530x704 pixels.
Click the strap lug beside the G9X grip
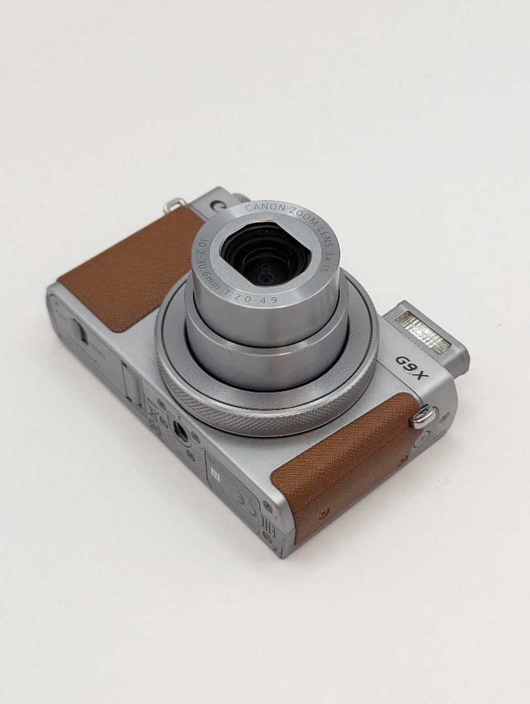[422, 416]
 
